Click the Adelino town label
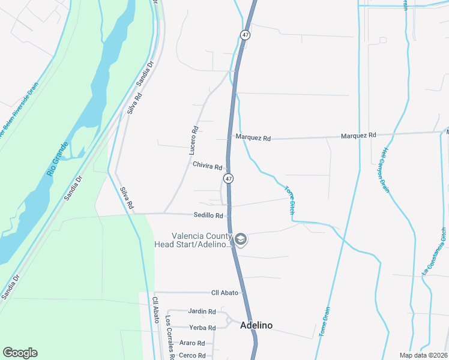pyautogui.click(x=256, y=325)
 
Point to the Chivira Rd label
pyautogui.click(x=208, y=166)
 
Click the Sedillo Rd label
pyautogui.click(x=208, y=215)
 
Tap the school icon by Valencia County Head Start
pyautogui.click(x=241, y=240)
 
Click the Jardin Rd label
pyautogui.click(x=202, y=311)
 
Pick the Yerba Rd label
pyautogui.click(x=202, y=328)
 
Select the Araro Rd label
pyautogui.click(x=192, y=343)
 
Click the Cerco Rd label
pyautogui.click(x=192, y=355)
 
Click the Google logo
pyautogui.click(x=20, y=353)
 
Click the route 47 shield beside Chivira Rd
pyautogui.click(x=228, y=179)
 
